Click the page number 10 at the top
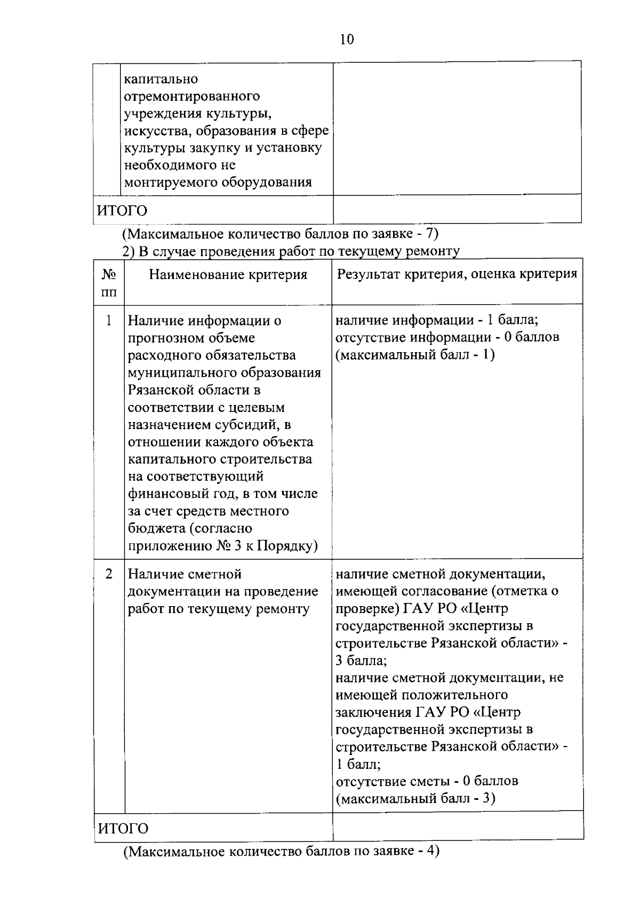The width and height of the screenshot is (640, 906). [346, 39]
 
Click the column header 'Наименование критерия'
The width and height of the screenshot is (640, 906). [228, 274]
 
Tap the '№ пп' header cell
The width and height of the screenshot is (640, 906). [109, 283]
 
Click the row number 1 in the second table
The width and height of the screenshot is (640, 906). [109, 320]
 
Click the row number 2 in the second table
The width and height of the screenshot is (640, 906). [109, 574]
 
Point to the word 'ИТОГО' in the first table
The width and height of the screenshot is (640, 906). [122, 210]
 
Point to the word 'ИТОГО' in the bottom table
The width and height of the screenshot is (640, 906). [124, 828]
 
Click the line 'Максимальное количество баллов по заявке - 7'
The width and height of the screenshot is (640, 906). [281, 234]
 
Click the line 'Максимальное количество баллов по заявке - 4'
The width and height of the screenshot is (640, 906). [281, 851]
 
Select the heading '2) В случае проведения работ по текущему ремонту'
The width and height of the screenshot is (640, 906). [291, 251]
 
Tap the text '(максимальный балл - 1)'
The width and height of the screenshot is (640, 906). [415, 355]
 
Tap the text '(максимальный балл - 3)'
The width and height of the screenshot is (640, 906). [415, 799]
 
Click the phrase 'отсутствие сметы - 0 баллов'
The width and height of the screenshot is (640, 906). [427, 781]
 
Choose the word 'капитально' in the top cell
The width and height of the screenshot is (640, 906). [161, 80]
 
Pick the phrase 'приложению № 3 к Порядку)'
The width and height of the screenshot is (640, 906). [222, 546]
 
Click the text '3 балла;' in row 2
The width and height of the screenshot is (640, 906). [361, 661]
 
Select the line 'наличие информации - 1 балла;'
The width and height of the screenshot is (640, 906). [437, 320]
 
